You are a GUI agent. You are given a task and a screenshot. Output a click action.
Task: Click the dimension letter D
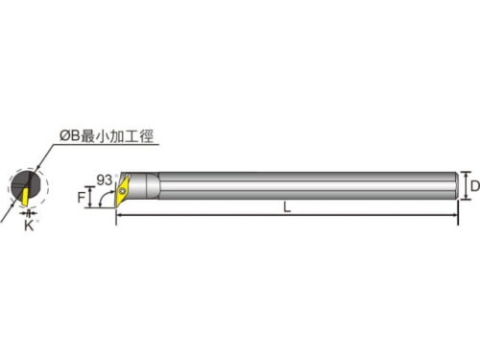coord(475,186)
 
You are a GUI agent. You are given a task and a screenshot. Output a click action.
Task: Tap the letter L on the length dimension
coord(287,207)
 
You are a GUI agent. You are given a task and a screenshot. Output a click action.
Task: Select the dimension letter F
coord(81,198)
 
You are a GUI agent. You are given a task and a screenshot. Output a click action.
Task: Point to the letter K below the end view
coord(29,226)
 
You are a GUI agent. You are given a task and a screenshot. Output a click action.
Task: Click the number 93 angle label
coord(104,180)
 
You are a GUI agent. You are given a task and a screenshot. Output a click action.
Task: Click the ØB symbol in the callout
coord(69,136)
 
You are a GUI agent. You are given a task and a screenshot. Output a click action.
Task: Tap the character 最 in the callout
coord(87,136)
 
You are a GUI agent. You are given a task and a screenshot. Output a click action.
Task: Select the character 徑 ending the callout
coord(146,136)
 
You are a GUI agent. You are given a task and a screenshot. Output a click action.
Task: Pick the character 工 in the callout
coord(132,136)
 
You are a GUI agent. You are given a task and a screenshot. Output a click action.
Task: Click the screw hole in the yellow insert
coord(122,191)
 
